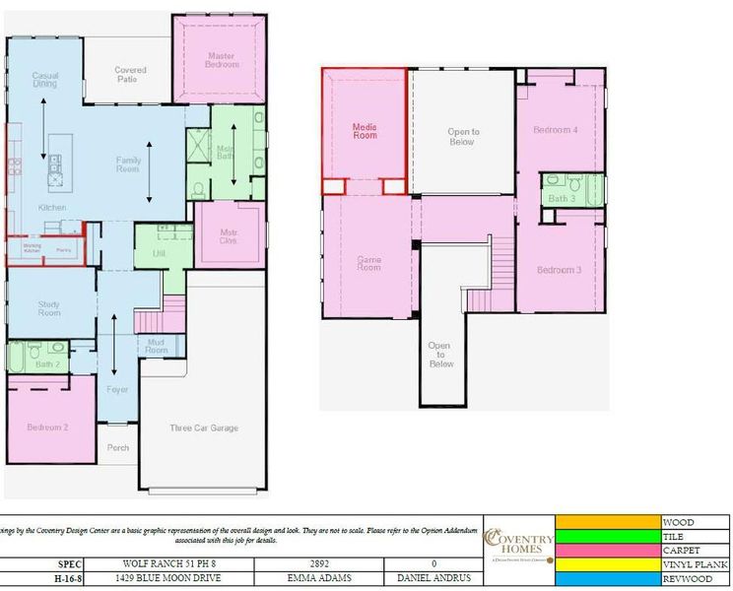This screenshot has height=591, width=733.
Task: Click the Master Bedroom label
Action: (222, 59)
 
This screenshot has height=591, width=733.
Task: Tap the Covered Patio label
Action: (130, 75)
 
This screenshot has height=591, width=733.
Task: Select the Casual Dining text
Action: (45, 80)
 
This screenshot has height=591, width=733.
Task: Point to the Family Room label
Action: (129, 164)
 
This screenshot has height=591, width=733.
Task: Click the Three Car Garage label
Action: (203, 427)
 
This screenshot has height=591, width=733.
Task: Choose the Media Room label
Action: (365, 131)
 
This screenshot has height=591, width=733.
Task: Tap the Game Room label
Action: (368, 263)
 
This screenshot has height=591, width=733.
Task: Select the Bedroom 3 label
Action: (559, 270)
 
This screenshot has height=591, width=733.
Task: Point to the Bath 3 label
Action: (562, 199)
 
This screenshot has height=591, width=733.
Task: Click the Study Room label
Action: (49, 309)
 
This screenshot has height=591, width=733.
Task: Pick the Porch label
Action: (118, 448)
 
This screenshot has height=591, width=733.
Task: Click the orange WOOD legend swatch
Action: (608, 522)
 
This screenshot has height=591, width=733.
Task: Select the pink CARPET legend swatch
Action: (608, 550)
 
